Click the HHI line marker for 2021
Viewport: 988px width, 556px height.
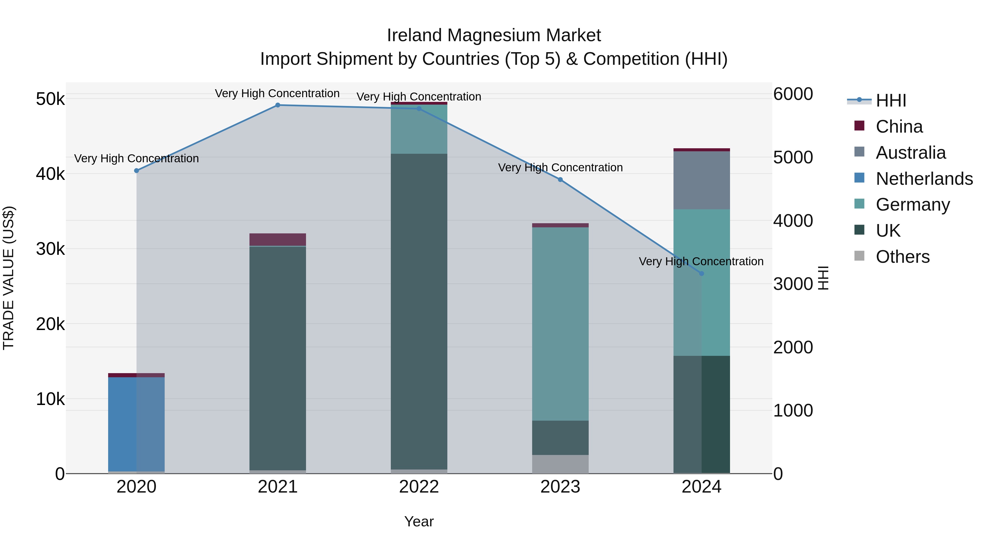(x=278, y=105)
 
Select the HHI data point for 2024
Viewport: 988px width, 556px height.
(x=701, y=273)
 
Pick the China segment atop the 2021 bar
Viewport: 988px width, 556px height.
(x=278, y=239)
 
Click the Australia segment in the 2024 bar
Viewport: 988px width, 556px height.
(x=701, y=180)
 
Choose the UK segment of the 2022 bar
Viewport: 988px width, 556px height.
(x=419, y=311)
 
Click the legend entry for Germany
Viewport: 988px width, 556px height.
(x=913, y=205)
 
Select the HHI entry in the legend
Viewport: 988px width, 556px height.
(x=891, y=100)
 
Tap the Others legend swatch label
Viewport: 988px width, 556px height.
(x=902, y=257)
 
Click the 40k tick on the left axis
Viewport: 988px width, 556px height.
(x=50, y=174)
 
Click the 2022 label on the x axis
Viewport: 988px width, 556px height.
(x=419, y=487)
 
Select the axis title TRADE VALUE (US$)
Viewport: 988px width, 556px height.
(x=9, y=278)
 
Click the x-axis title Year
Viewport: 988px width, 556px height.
(x=419, y=521)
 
